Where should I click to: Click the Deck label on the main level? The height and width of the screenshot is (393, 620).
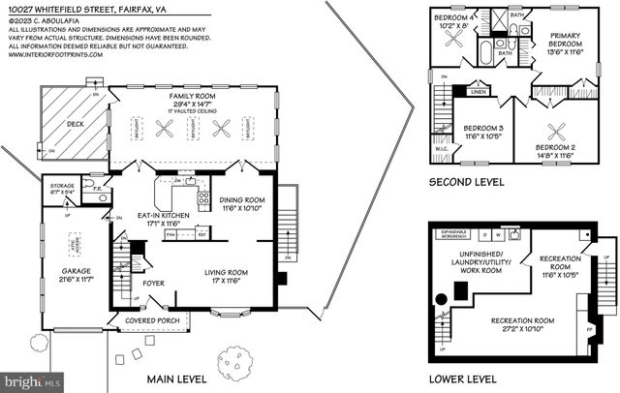(75, 124)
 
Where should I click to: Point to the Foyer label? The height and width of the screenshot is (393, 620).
(152, 283)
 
